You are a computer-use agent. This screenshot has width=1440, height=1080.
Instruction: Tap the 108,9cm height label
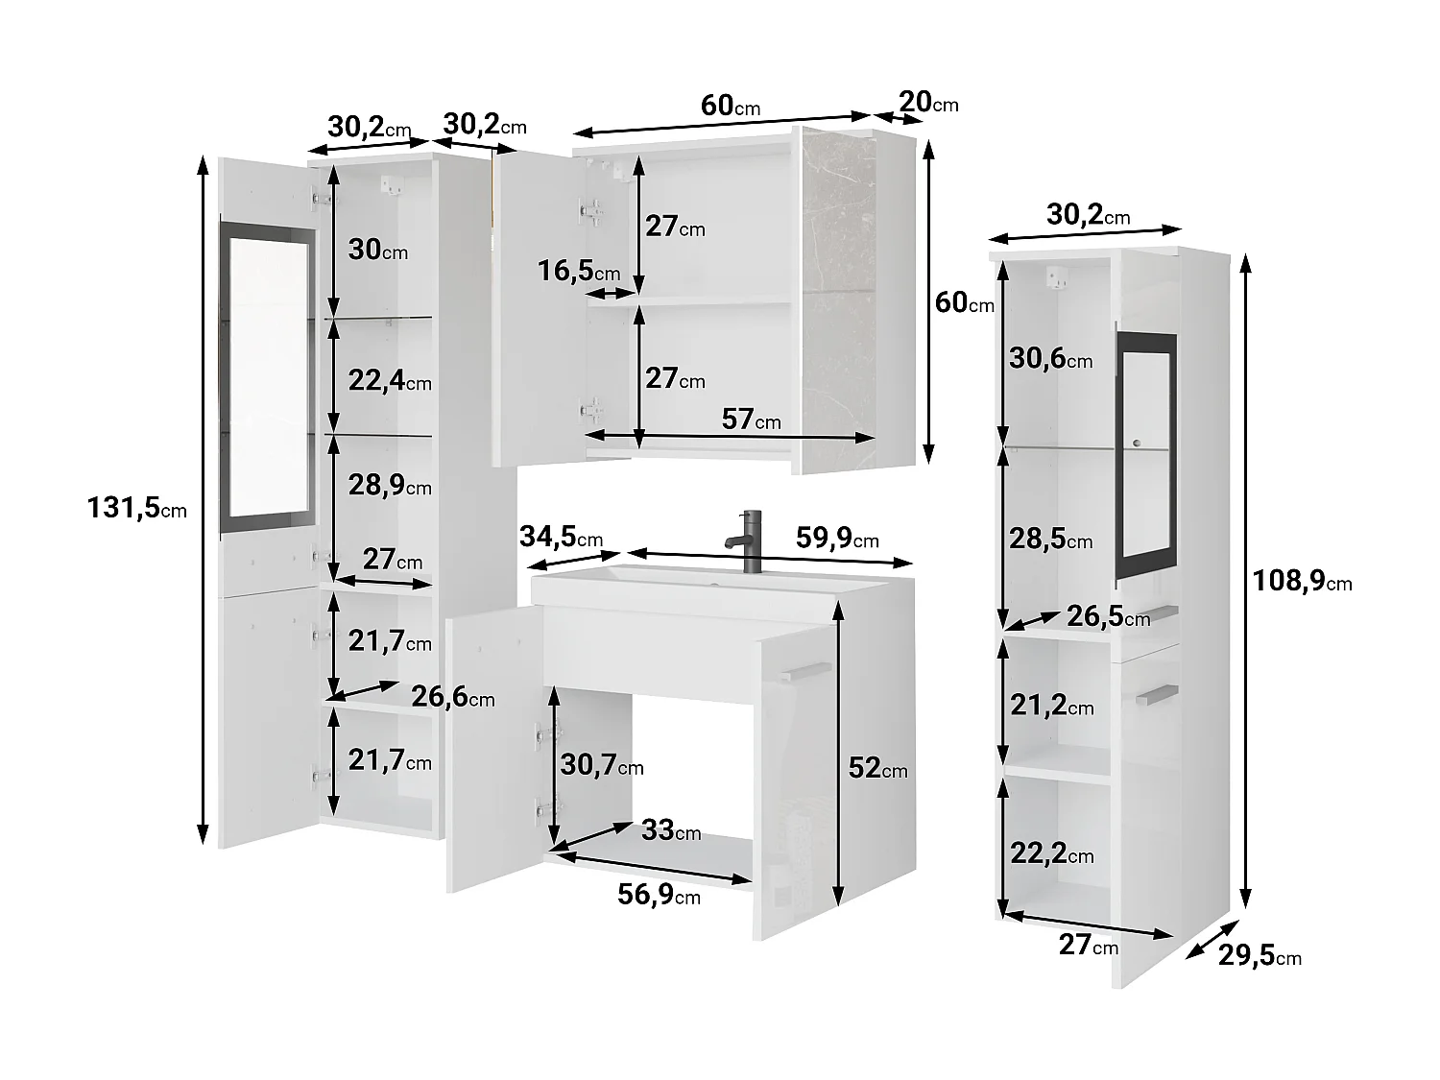[x=1302, y=580]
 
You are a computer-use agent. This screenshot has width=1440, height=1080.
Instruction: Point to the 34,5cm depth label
[x=561, y=537]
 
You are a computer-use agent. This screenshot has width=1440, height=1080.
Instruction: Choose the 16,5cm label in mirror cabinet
[x=579, y=272]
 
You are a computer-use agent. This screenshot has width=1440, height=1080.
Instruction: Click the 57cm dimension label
[x=751, y=419]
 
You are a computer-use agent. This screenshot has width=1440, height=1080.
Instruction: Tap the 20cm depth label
[x=928, y=102]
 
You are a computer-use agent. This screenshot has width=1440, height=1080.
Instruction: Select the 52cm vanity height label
[x=877, y=768]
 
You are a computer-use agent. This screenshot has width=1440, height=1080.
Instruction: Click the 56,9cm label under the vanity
[x=659, y=895]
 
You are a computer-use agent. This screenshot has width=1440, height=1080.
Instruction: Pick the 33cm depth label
[x=671, y=830]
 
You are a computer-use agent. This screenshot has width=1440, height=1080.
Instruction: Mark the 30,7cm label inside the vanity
[x=602, y=765]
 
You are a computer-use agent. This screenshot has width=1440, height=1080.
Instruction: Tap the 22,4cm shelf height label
[x=390, y=381]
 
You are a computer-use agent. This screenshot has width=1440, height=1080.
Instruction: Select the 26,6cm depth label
[x=453, y=697]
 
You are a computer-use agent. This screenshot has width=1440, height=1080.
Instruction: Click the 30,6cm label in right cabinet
[x=1050, y=359]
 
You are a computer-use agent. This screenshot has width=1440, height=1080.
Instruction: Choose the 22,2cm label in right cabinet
[x=1051, y=853]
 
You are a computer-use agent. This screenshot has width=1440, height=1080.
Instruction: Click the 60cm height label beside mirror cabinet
[x=964, y=302]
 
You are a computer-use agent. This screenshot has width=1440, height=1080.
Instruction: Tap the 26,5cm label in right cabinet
[x=1108, y=616]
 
